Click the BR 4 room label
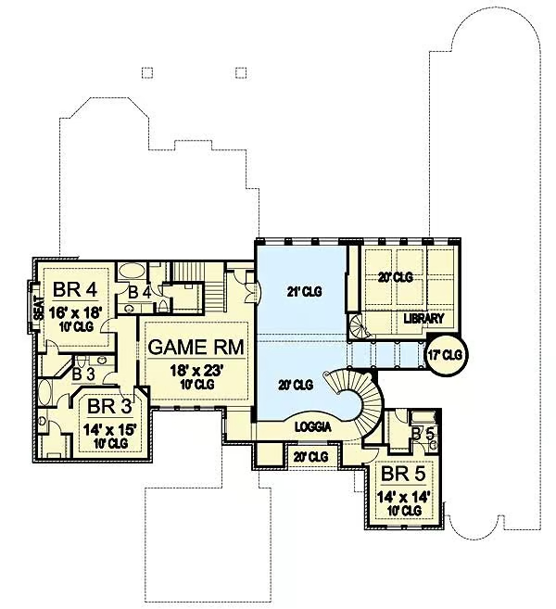coord(75,290)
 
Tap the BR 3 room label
coord(108,406)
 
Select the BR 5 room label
coord(403,474)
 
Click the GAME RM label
coord(196,347)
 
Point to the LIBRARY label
coord(423,319)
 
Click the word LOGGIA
coord(313,426)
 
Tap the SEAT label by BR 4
coord(38,308)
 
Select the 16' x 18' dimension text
coord(76,311)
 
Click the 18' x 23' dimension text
coord(196,371)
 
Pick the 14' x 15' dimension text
coord(110,429)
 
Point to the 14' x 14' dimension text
coord(404,497)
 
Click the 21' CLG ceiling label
coord(305,291)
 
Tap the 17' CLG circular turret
coord(447,355)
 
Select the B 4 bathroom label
coord(140,293)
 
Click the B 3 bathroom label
coord(83,374)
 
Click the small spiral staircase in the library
coord(358,326)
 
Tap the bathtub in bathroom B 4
coord(132,271)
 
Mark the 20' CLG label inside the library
coord(396,277)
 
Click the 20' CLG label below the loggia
coord(311,457)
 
